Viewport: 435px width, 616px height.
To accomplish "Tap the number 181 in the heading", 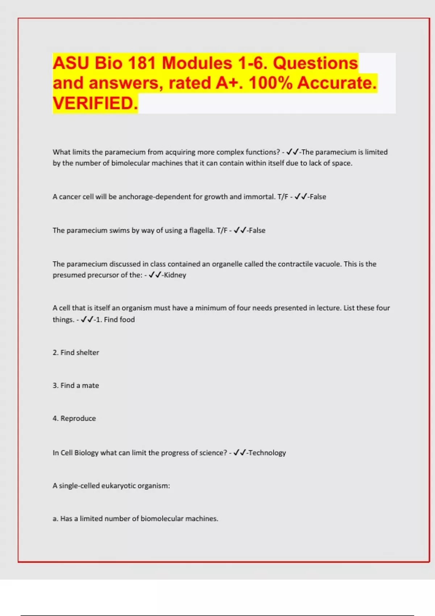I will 140,63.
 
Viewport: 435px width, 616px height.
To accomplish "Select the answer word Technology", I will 267,453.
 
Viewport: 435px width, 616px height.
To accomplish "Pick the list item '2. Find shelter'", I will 76,353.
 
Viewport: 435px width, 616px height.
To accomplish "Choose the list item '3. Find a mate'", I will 76,386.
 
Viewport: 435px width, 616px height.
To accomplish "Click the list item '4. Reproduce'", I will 74,419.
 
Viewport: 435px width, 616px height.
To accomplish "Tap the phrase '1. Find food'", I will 115,320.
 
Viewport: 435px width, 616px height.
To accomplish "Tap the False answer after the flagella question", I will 257,230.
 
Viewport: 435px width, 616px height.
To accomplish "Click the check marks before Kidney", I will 154,275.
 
